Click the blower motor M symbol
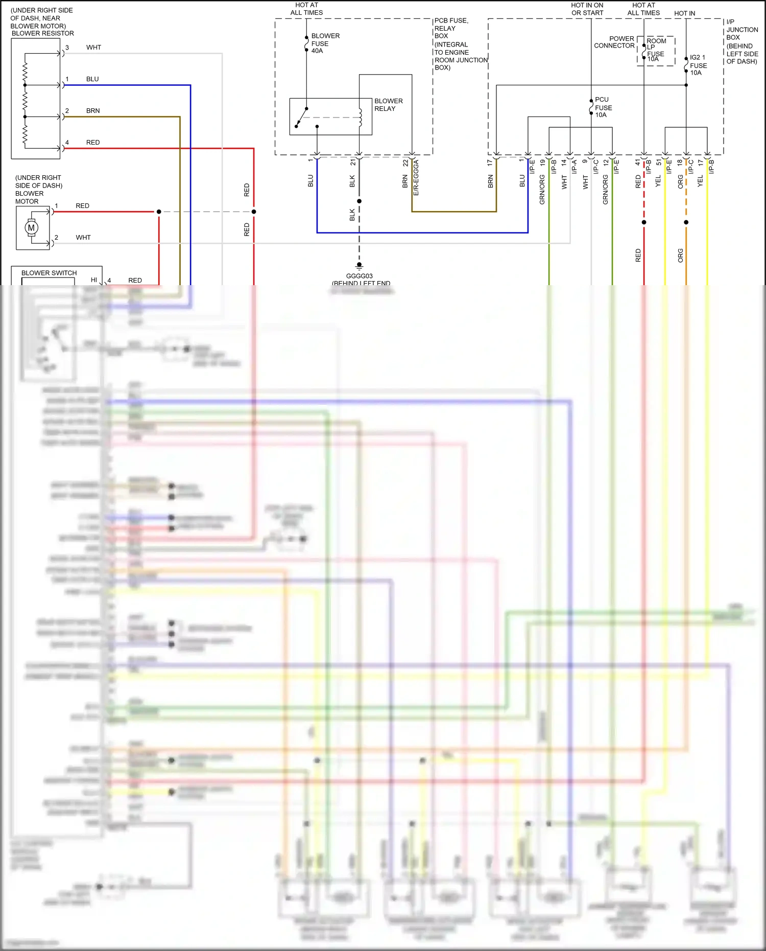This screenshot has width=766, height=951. (32, 227)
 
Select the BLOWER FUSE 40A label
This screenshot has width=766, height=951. (325, 43)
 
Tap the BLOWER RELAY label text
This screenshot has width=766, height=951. (388, 105)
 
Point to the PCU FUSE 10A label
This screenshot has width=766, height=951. (603, 107)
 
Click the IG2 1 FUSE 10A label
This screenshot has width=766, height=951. (698, 65)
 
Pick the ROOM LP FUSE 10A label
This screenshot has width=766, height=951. (656, 50)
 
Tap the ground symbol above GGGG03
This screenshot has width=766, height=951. (359, 266)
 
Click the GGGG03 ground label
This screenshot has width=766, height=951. (359, 276)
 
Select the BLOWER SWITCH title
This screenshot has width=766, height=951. (49, 273)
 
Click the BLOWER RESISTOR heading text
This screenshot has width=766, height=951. (42, 33)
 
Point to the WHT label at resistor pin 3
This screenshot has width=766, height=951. (93, 48)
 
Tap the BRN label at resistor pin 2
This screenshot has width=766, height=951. (93, 111)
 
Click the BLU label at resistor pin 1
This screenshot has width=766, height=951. (92, 79)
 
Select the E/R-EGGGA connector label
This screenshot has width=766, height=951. (416, 177)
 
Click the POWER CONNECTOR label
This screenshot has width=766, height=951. (614, 42)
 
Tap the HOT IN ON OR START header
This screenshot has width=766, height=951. (587, 9)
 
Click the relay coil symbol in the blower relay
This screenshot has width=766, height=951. (360, 117)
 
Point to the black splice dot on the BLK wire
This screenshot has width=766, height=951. (359, 201)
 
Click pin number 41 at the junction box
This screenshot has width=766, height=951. (637, 162)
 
